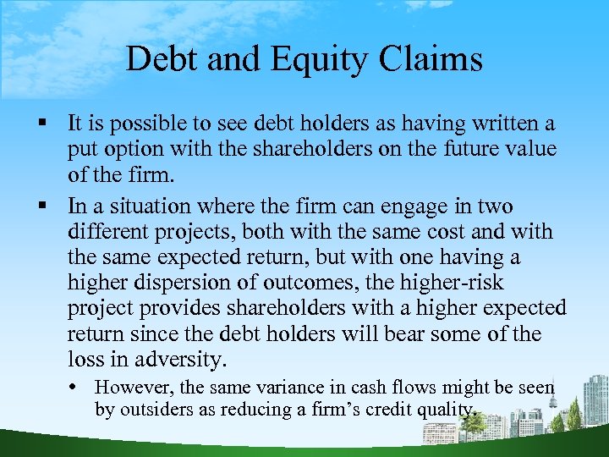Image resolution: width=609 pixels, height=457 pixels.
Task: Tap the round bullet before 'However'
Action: (x=80, y=388)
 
